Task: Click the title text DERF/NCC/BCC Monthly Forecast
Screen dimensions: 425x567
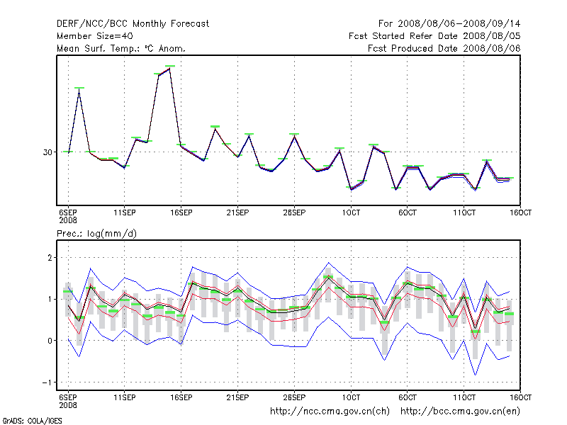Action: coord(133,24)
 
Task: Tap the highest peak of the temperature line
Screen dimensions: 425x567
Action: coord(170,67)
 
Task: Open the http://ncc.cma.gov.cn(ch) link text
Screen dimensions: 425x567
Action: coord(330,410)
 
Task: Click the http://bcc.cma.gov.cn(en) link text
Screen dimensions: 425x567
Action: coord(460,410)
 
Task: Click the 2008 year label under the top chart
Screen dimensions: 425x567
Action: coord(67,220)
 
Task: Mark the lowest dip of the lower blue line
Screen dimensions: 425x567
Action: coord(475,374)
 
